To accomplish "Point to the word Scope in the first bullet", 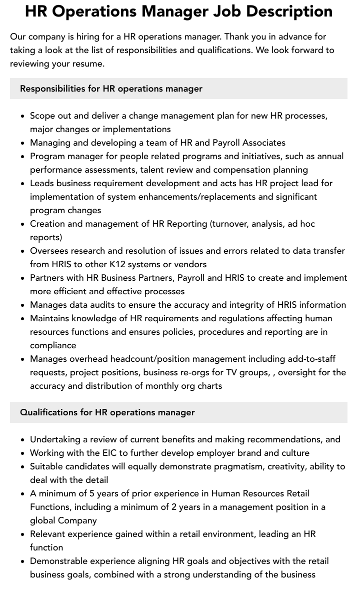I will point(42,116).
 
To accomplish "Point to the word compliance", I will point(53,345).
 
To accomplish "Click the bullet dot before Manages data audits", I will point(23,305).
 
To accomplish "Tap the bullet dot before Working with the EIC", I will point(23,453).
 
